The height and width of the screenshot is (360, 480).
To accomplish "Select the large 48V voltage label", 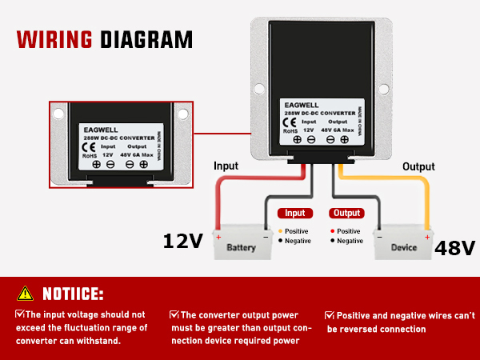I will pyautogui.click(x=455, y=248).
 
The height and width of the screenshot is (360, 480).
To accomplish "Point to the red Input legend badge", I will pyautogui.click(x=294, y=214).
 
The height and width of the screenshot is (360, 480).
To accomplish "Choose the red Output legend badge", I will pyautogui.click(x=346, y=214).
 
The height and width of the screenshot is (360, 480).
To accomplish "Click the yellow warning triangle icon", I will pyautogui.click(x=26, y=293).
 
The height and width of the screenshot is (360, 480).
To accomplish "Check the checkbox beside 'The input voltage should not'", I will pyautogui.click(x=20, y=314).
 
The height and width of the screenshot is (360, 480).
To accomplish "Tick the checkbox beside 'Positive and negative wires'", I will pyautogui.click(x=329, y=314).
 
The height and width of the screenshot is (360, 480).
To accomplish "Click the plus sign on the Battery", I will pyautogui.click(x=218, y=237).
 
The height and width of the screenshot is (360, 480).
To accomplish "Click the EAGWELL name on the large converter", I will pyautogui.click(x=302, y=103).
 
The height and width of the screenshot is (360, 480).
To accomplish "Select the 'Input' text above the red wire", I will pyautogui.click(x=226, y=166).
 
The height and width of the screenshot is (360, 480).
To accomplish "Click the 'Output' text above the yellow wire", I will pyautogui.click(x=418, y=166).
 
